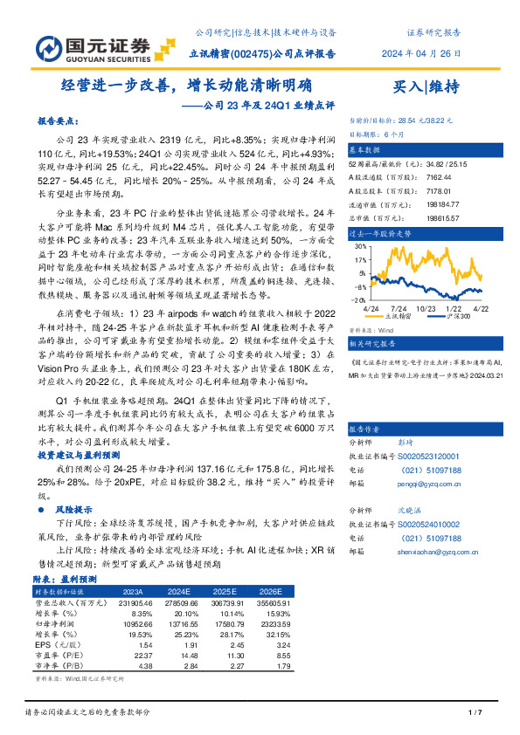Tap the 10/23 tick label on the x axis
tap(426, 308)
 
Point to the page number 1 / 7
tap(475, 715)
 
